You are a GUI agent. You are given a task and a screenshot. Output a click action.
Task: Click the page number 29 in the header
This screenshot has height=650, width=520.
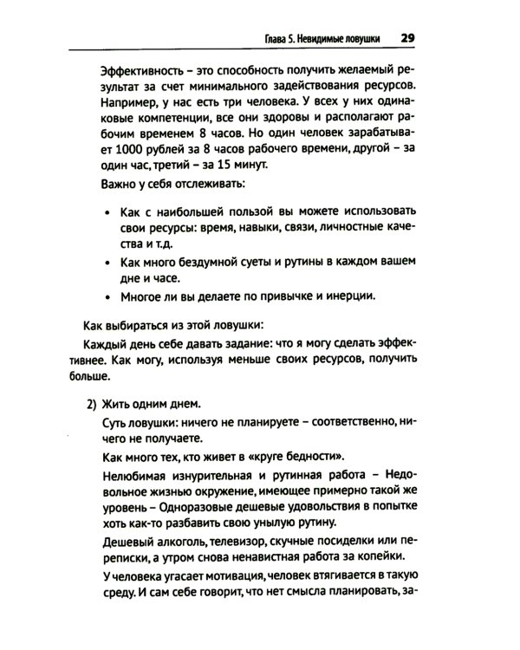408,38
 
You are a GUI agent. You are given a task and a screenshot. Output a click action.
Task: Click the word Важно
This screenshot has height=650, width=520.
119,186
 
